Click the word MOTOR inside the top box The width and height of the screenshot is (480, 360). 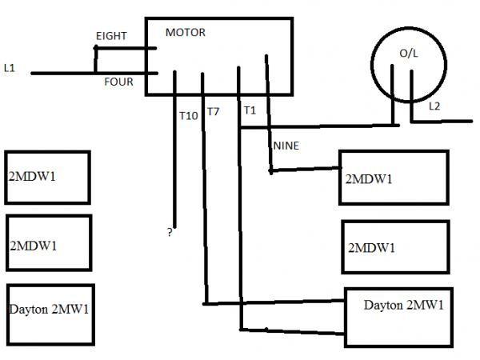pos(185,33)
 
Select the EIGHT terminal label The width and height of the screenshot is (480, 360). pos(111,37)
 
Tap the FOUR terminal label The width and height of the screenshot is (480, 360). pos(118,81)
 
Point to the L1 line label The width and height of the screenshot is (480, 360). pos(10,69)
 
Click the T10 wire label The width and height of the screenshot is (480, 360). pos(188,116)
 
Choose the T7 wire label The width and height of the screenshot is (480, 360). pos(213,111)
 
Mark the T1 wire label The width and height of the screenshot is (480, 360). pos(250,110)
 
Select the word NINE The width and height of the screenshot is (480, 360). pos(286,146)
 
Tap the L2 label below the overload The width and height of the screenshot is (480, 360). pos(434,106)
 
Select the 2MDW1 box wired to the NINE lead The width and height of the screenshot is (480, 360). pos(391,178)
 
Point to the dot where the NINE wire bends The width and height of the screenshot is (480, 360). pos(271,170)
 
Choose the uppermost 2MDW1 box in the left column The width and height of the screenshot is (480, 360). pos(47,176)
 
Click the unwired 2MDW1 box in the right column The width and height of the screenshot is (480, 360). pos(393,246)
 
